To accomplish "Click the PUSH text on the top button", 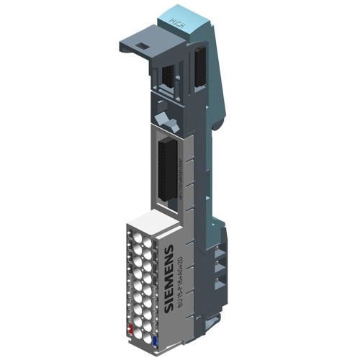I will [x=175, y=21].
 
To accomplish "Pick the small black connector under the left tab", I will [x=167, y=73].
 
